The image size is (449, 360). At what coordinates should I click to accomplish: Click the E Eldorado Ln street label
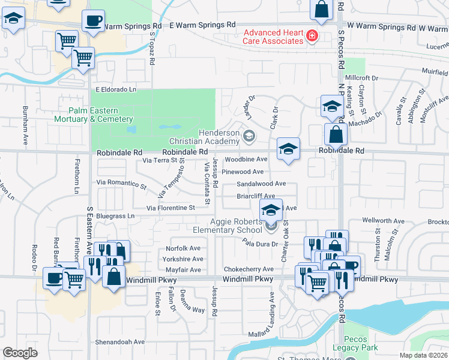pyautogui.click(x=116, y=89)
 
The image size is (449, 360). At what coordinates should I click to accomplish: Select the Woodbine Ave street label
pyautogui.click(x=246, y=160)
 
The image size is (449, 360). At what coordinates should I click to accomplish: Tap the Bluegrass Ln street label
pyautogui.click(x=115, y=215)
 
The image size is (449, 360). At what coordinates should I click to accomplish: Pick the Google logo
pyautogui.click(x=20, y=353)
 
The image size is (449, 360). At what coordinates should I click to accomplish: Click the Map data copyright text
pyautogui.click(x=424, y=355)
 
